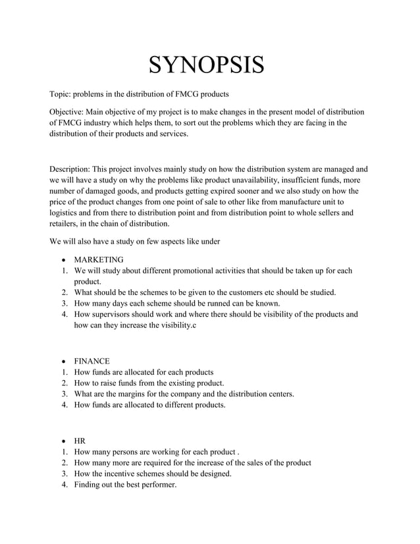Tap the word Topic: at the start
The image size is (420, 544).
click(63, 93)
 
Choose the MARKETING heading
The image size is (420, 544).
click(99, 259)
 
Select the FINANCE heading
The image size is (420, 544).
click(92, 361)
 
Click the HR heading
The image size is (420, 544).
click(80, 441)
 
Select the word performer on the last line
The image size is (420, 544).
click(157, 485)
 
